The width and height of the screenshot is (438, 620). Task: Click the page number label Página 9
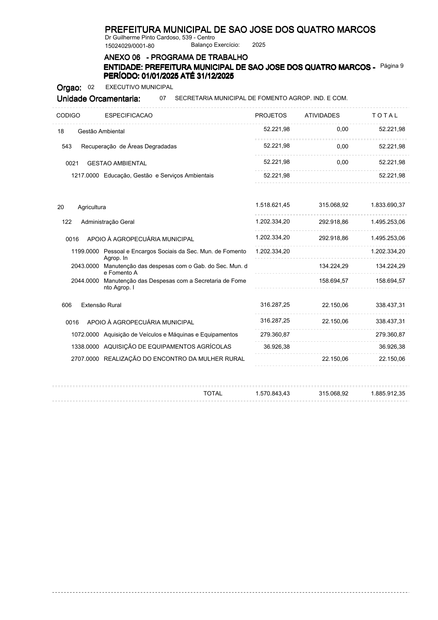[392, 66]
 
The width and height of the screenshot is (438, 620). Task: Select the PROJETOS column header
[271, 116]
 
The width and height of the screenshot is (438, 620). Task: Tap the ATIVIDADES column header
[322, 116]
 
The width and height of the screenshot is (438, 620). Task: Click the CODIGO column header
[68, 116]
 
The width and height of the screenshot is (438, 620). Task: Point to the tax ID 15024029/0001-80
[130, 46]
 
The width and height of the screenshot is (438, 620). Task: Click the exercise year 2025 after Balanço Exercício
[259, 45]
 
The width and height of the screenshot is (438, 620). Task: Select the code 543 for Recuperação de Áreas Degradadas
[67, 147]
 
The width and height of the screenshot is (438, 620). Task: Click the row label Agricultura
[92, 207]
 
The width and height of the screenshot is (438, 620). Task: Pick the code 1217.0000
[85, 176]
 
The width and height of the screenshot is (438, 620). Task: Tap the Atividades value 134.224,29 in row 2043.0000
[333, 266]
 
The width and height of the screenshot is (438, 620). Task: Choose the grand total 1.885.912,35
[388, 394]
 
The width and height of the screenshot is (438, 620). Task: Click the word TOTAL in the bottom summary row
[213, 394]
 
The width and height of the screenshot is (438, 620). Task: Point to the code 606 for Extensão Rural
[67, 305]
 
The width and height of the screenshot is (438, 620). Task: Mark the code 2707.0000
[85, 359]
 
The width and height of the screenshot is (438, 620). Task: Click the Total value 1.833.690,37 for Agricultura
[388, 205]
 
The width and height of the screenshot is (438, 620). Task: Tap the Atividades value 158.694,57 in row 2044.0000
[333, 281]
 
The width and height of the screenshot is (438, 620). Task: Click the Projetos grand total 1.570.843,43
[272, 394]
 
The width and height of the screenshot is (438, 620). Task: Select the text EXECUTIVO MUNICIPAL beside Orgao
[139, 87]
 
